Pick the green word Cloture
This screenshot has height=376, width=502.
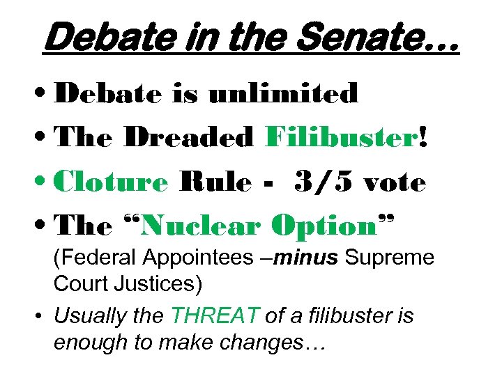112,182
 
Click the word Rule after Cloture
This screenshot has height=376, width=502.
215,182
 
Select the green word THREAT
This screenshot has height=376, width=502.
213,315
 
